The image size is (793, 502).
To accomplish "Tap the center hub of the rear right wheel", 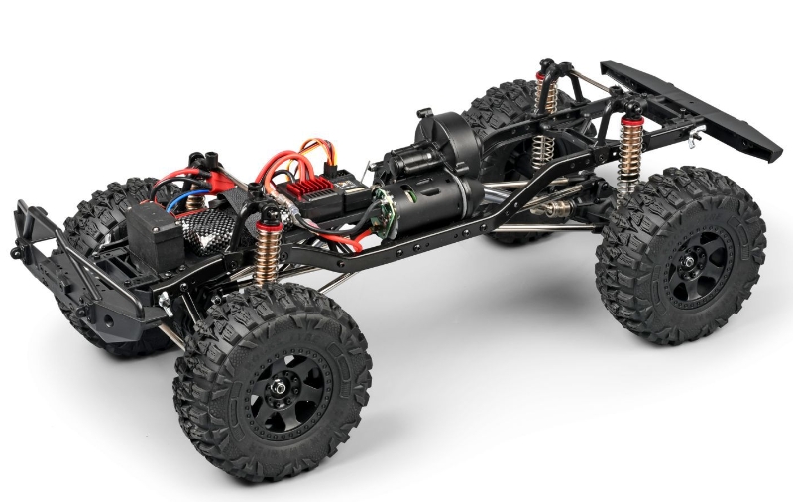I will coord(684,266).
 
